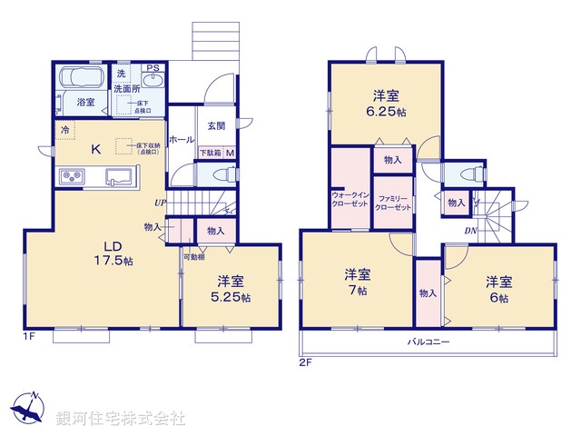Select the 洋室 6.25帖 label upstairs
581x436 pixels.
387,101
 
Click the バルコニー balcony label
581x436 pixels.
428,342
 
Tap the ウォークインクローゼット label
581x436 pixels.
350,201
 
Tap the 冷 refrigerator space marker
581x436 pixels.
65,130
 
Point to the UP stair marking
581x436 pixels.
160,203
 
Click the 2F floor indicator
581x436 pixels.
305,362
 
